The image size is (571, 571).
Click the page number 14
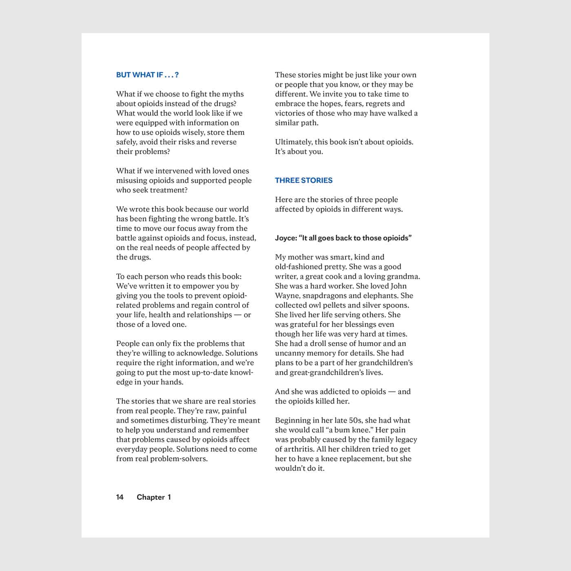coord(120,497)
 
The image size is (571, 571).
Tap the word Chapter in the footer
coord(151,497)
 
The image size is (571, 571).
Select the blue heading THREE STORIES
coord(303,180)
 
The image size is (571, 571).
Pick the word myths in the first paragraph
coord(233,94)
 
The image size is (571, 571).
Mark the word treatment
coord(168,190)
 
